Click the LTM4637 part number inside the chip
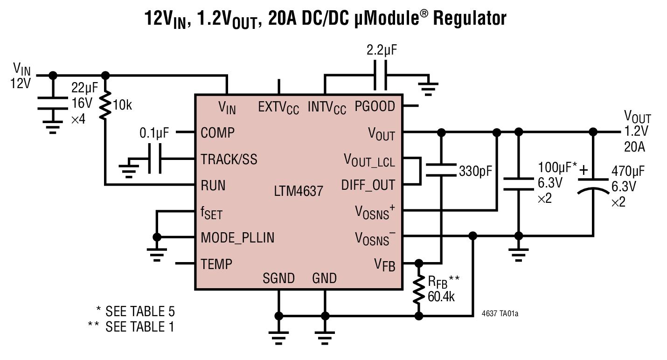[299, 191]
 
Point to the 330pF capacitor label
[475, 171]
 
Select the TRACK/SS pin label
[229, 159]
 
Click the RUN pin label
[213, 186]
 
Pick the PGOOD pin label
[375, 106]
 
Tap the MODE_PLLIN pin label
[237, 238]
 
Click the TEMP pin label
[216, 264]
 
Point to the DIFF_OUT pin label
[368, 185]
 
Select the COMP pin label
[217, 132]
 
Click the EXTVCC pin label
[278, 108]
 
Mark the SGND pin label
[278, 278]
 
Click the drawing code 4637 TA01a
[500, 314]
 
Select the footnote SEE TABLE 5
[135, 311]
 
